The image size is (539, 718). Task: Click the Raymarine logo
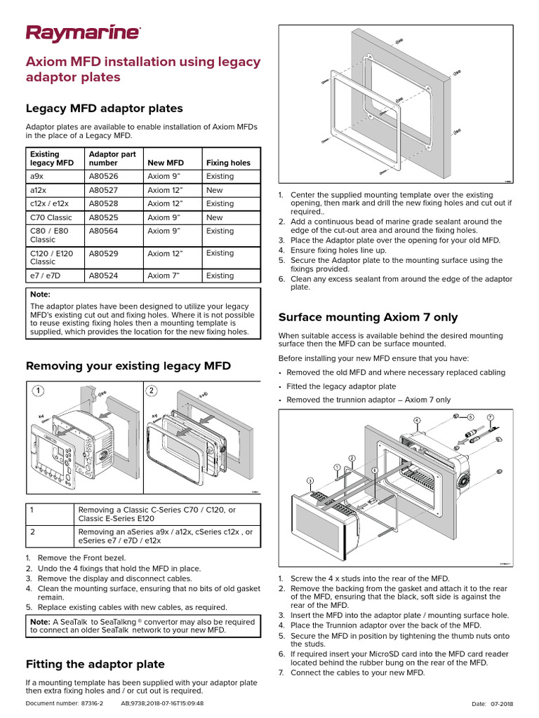tap(83, 32)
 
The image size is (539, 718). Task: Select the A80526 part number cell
tap(103, 177)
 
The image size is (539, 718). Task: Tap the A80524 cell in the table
tap(103, 276)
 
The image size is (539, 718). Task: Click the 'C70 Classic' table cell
tap(50, 217)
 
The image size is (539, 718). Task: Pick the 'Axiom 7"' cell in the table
tap(163, 276)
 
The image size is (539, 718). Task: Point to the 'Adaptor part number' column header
tap(112, 158)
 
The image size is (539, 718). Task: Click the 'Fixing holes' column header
tap(228, 163)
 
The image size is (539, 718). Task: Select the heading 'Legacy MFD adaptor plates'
tap(104, 109)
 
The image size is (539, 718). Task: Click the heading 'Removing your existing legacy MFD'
tap(128, 366)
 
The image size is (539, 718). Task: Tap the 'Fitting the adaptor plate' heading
tap(95, 663)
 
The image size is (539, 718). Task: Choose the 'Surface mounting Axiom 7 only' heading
tap(368, 318)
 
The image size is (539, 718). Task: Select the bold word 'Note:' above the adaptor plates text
tap(41, 295)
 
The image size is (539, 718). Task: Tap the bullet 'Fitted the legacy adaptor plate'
tap(341, 386)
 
